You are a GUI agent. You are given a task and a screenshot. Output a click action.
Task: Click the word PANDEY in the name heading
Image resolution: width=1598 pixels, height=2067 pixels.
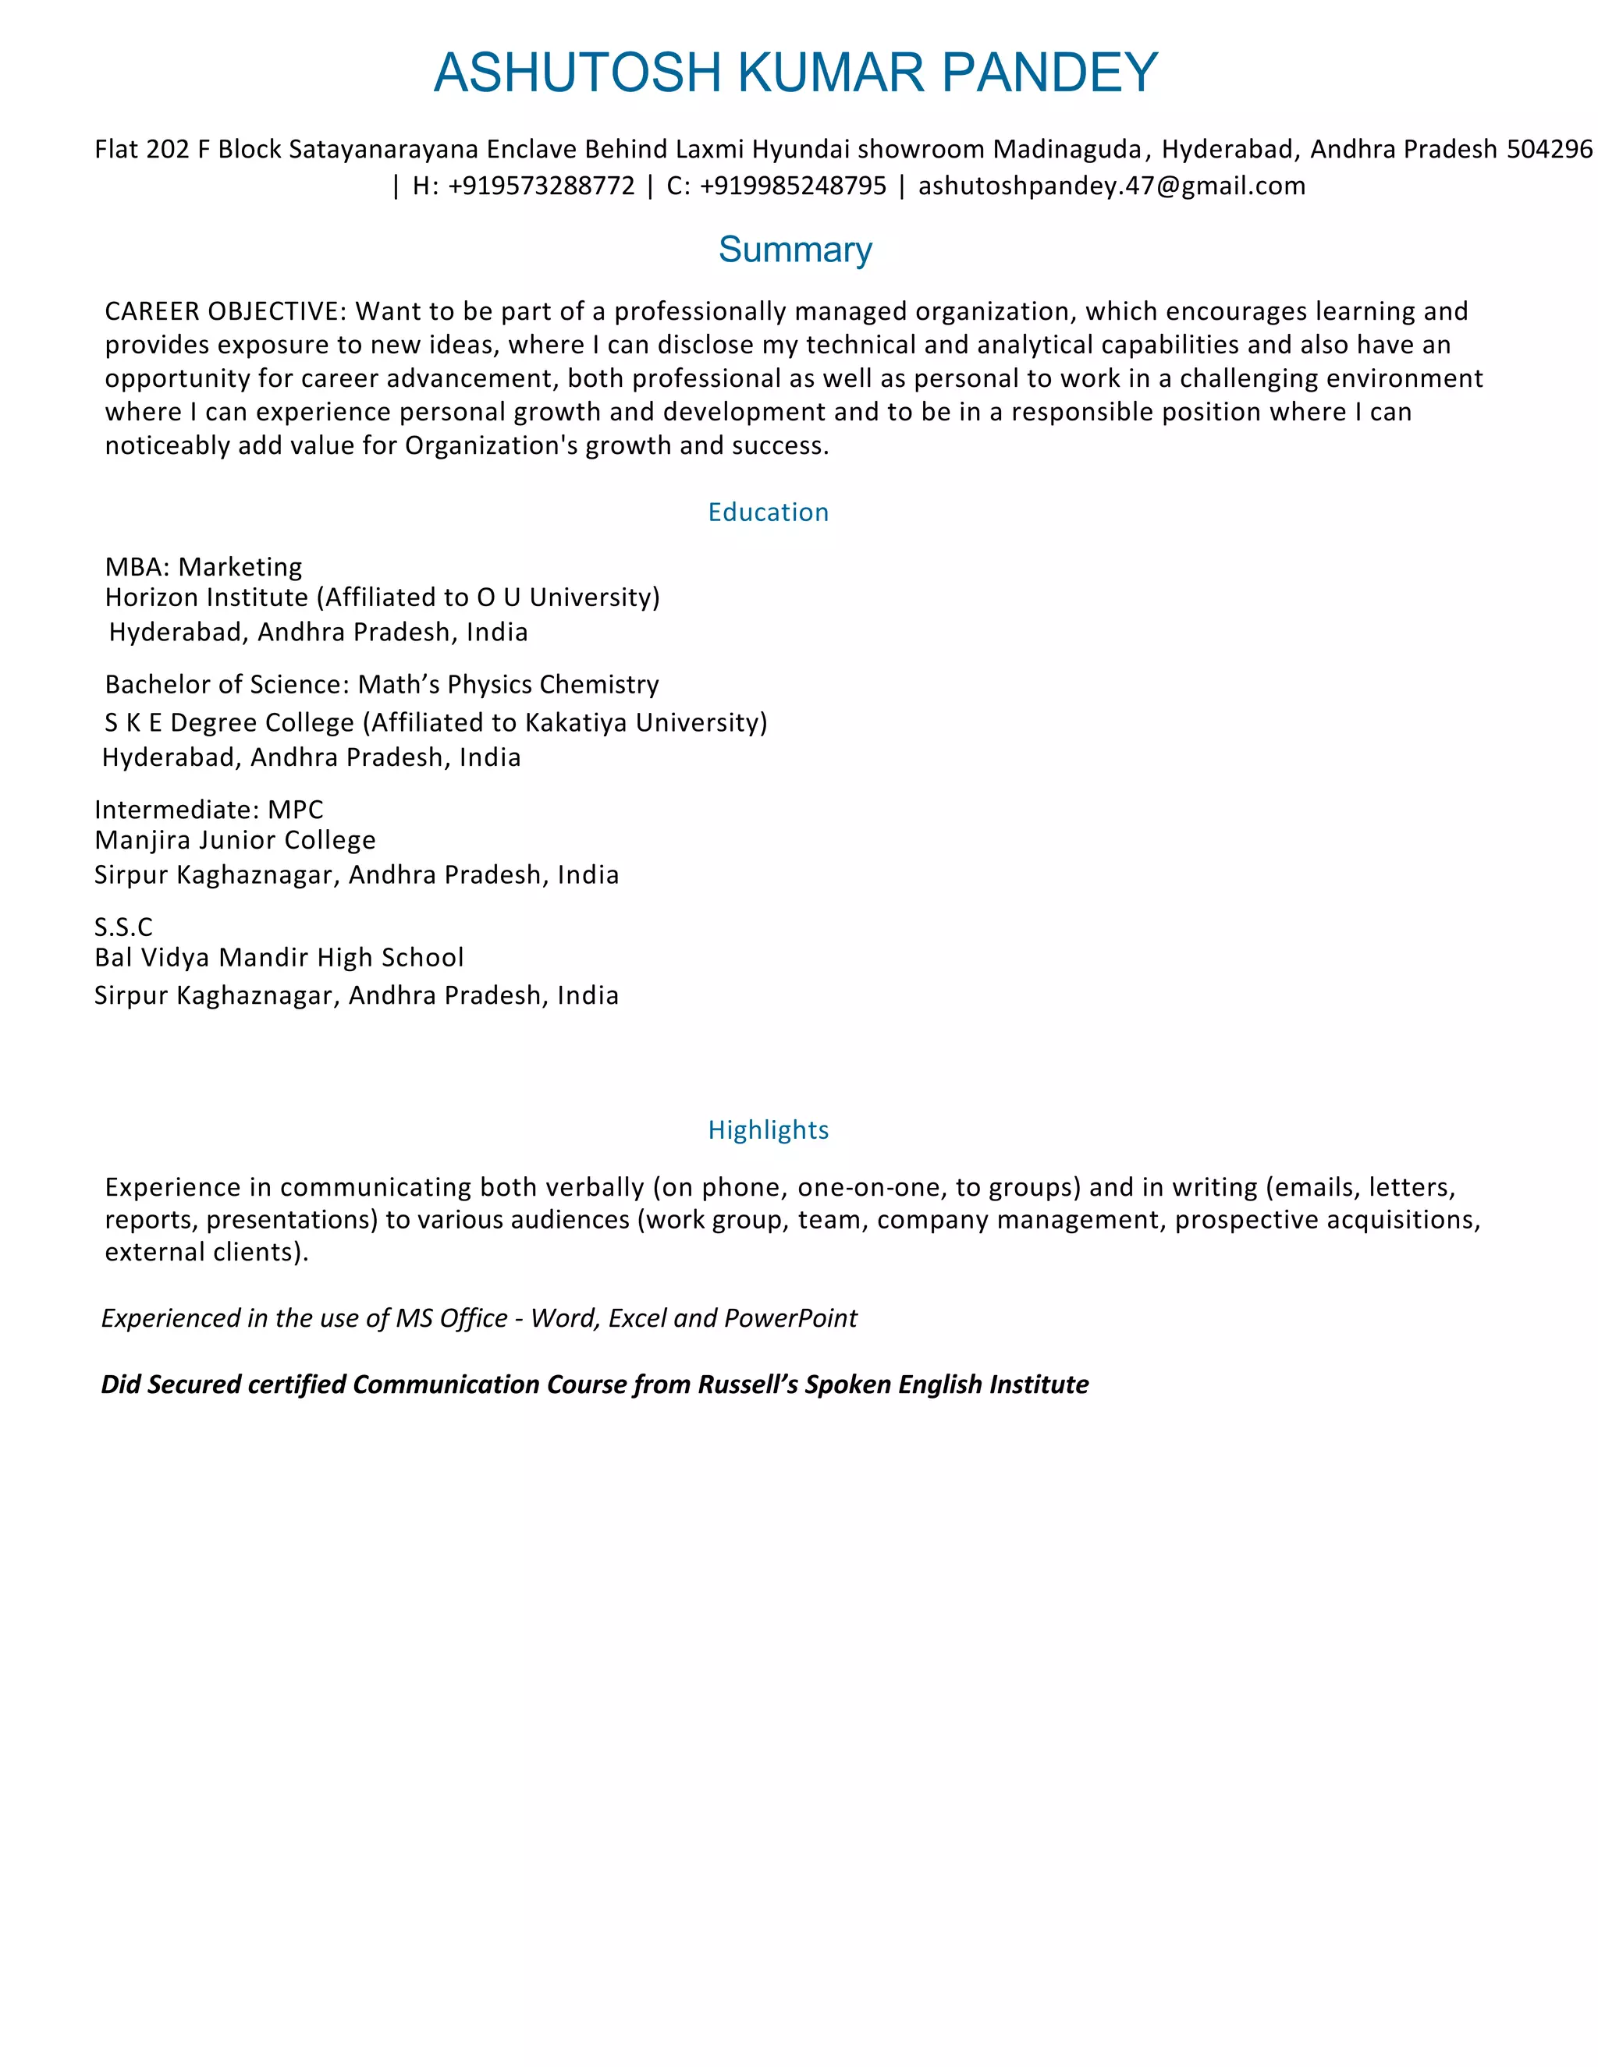pyautogui.click(x=1050, y=73)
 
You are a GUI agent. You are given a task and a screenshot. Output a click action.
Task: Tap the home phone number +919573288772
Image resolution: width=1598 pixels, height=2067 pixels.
pyautogui.click(x=542, y=186)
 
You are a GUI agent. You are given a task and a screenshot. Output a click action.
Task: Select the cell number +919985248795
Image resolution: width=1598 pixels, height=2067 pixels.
pyautogui.click(x=793, y=186)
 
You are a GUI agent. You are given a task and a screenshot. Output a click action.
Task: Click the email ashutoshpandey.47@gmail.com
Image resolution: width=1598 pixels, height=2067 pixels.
pyautogui.click(x=1111, y=186)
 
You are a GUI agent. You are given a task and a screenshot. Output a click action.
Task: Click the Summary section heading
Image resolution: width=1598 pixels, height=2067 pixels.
pyautogui.click(x=795, y=250)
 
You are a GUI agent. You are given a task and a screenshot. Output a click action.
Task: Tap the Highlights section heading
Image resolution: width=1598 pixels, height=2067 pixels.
pyautogui.click(x=768, y=1129)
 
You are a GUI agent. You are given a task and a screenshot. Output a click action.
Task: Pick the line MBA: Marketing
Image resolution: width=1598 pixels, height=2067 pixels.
pyautogui.click(x=204, y=567)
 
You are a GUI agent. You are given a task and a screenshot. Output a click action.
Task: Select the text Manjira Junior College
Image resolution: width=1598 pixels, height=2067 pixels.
pyautogui.click(x=235, y=840)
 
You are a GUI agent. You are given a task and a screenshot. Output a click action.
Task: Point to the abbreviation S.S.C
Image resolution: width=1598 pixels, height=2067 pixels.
pyautogui.click(x=123, y=927)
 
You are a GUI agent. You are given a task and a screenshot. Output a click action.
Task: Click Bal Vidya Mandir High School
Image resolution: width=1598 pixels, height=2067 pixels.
pyautogui.click(x=279, y=958)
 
